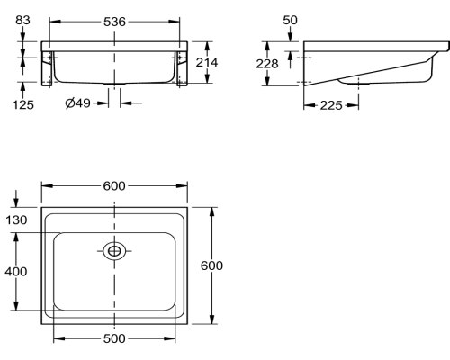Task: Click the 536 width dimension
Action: (114, 22)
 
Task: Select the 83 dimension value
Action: (22, 20)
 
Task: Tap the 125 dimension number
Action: (23, 105)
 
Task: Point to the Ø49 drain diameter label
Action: (77, 103)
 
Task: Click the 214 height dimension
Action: (207, 62)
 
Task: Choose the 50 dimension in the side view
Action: (290, 20)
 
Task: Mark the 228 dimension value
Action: (267, 64)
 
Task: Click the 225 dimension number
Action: (331, 105)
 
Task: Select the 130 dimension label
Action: (16, 220)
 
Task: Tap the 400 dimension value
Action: (16, 272)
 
